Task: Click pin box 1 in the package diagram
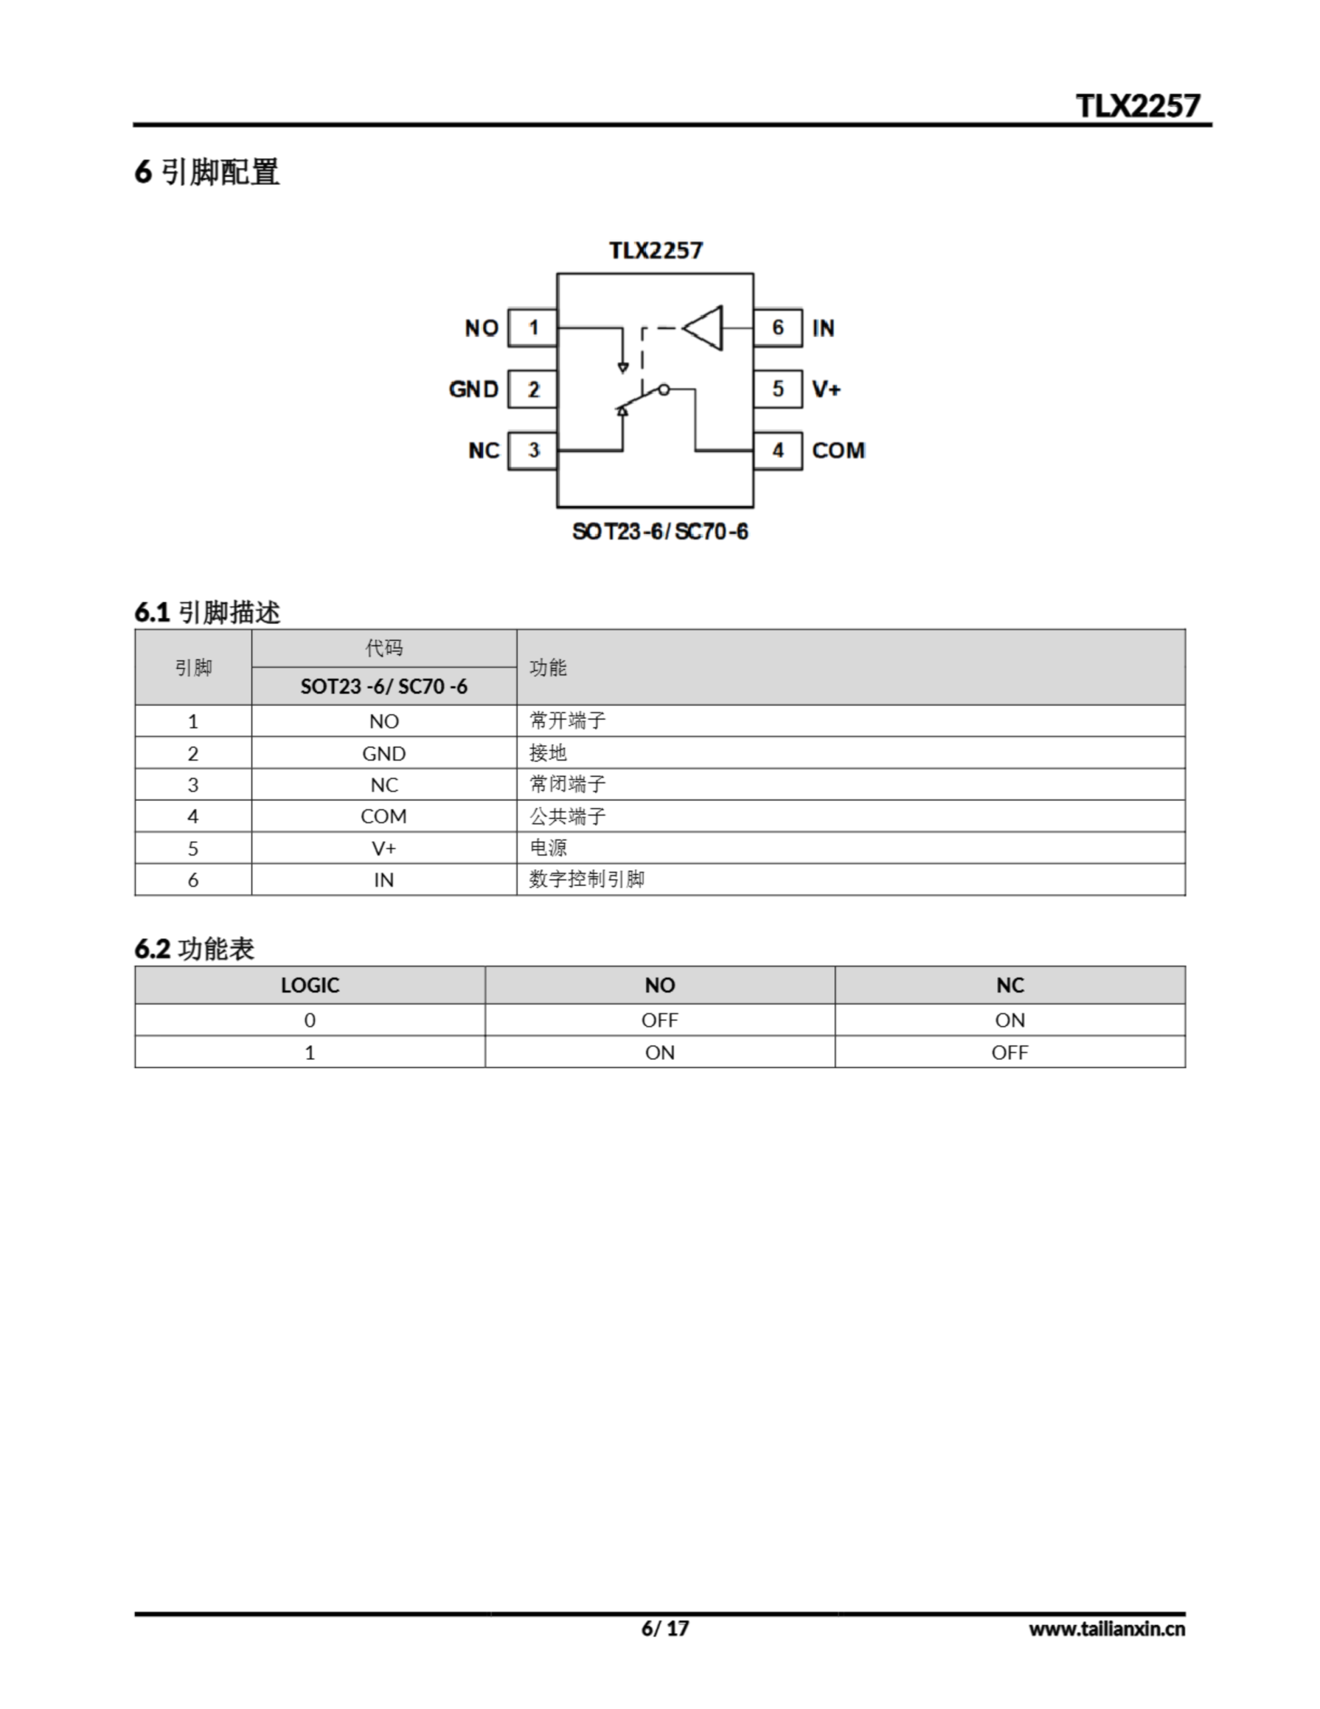(x=532, y=328)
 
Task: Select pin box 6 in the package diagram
(x=777, y=328)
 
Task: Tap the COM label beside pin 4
(x=838, y=451)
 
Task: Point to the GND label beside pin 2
(x=473, y=389)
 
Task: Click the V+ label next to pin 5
(x=826, y=389)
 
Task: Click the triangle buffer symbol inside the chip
(x=705, y=328)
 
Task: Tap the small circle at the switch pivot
(x=663, y=389)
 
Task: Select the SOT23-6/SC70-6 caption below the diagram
(x=659, y=532)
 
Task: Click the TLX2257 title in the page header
(x=1137, y=105)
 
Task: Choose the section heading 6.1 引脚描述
(x=208, y=612)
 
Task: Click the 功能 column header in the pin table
(x=548, y=668)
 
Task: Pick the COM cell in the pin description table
(x=384, y=816)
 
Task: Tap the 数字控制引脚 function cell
(x=587, y=880)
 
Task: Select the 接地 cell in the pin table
(x=548, y=753)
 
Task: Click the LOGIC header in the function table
(x=310, y=985)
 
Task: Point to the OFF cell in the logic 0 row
(x=659, y=1020)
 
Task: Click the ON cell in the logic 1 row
(x=659, y=1053)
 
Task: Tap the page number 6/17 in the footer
(x=665, y=1628)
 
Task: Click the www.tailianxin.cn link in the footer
(x=1106, y=1629)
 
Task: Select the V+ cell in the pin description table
(x=384, y=848)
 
